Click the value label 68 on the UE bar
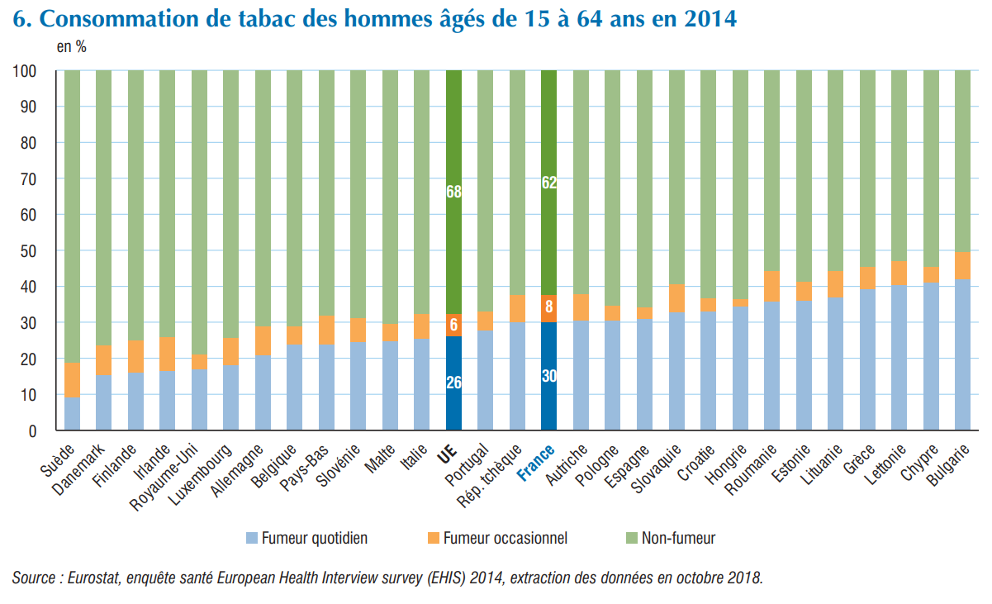point(453,192)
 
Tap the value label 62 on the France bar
point(549,183)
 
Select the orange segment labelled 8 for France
point(549,308)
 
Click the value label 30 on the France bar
point(549,376)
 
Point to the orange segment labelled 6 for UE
point(453,325)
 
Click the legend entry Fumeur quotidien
point(314,538)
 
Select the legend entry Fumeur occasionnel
point(505,538)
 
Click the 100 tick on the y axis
point(24,71)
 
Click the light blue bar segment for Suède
point(73,414)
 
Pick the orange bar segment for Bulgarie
point(962,265)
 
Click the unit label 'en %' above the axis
point(71,47)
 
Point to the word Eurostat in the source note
point(91,578)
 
